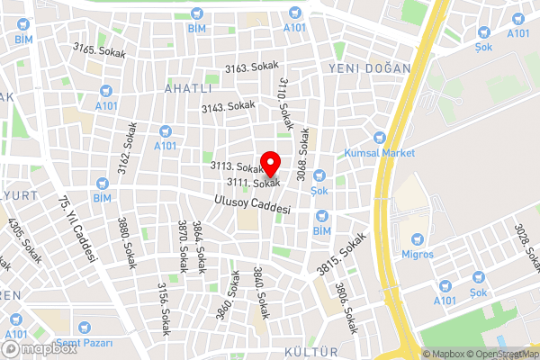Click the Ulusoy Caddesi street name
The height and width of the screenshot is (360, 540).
point(253,204)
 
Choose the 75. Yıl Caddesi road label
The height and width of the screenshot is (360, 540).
point(76,229)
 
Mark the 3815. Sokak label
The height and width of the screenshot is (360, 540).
point(342,256)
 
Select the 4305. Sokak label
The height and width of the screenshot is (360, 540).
point(24,242)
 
